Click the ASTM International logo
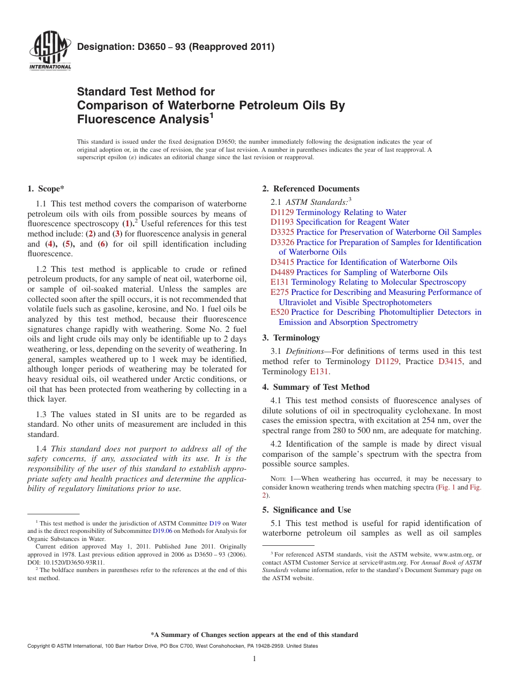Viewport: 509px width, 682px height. (49, 51)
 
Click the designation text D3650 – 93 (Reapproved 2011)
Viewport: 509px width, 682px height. (176, 47)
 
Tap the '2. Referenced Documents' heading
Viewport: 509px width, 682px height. (311, 189)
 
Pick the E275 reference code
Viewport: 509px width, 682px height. (280, 292)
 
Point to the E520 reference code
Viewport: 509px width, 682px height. (280, 312)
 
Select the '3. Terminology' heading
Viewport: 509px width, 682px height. (291, 338)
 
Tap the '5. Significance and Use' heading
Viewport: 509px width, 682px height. (306, 510)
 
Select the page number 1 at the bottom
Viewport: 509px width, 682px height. (254, 659)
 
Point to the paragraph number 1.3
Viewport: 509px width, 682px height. (42, 414)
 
